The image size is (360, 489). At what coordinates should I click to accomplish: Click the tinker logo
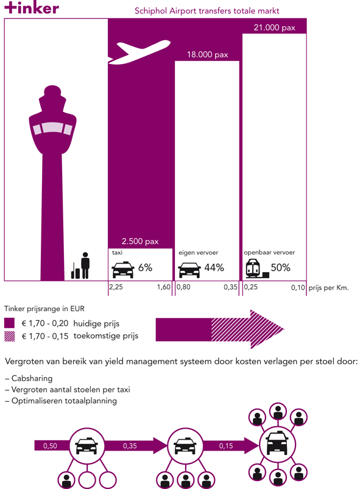(32, 8)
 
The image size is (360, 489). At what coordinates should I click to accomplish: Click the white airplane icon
(139, 52)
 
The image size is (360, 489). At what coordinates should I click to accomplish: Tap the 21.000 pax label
(274, 27)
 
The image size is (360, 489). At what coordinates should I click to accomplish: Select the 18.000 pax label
(208, 55)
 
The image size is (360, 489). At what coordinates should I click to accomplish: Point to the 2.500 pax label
(140, 241)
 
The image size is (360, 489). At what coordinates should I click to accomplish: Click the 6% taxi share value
(145, 267)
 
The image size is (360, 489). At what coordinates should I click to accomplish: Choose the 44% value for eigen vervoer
(214, 267)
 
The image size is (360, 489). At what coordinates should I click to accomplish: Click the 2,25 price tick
(116, 287)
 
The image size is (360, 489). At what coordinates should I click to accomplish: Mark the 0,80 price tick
(183, 287)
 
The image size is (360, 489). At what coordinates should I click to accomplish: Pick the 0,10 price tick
(298, 287)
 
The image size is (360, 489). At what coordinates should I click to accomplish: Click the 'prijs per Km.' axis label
(328, 287)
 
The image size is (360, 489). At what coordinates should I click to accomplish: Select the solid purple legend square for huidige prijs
(9, 323)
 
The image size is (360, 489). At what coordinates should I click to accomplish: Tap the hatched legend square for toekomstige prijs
(9, 336)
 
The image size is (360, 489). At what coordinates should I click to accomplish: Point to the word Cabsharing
(32, 378)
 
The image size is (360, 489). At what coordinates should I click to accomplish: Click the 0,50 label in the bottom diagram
(50, 446)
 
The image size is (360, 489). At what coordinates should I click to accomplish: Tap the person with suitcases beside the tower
(80, 266)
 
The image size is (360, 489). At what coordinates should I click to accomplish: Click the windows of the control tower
(53, 128)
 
